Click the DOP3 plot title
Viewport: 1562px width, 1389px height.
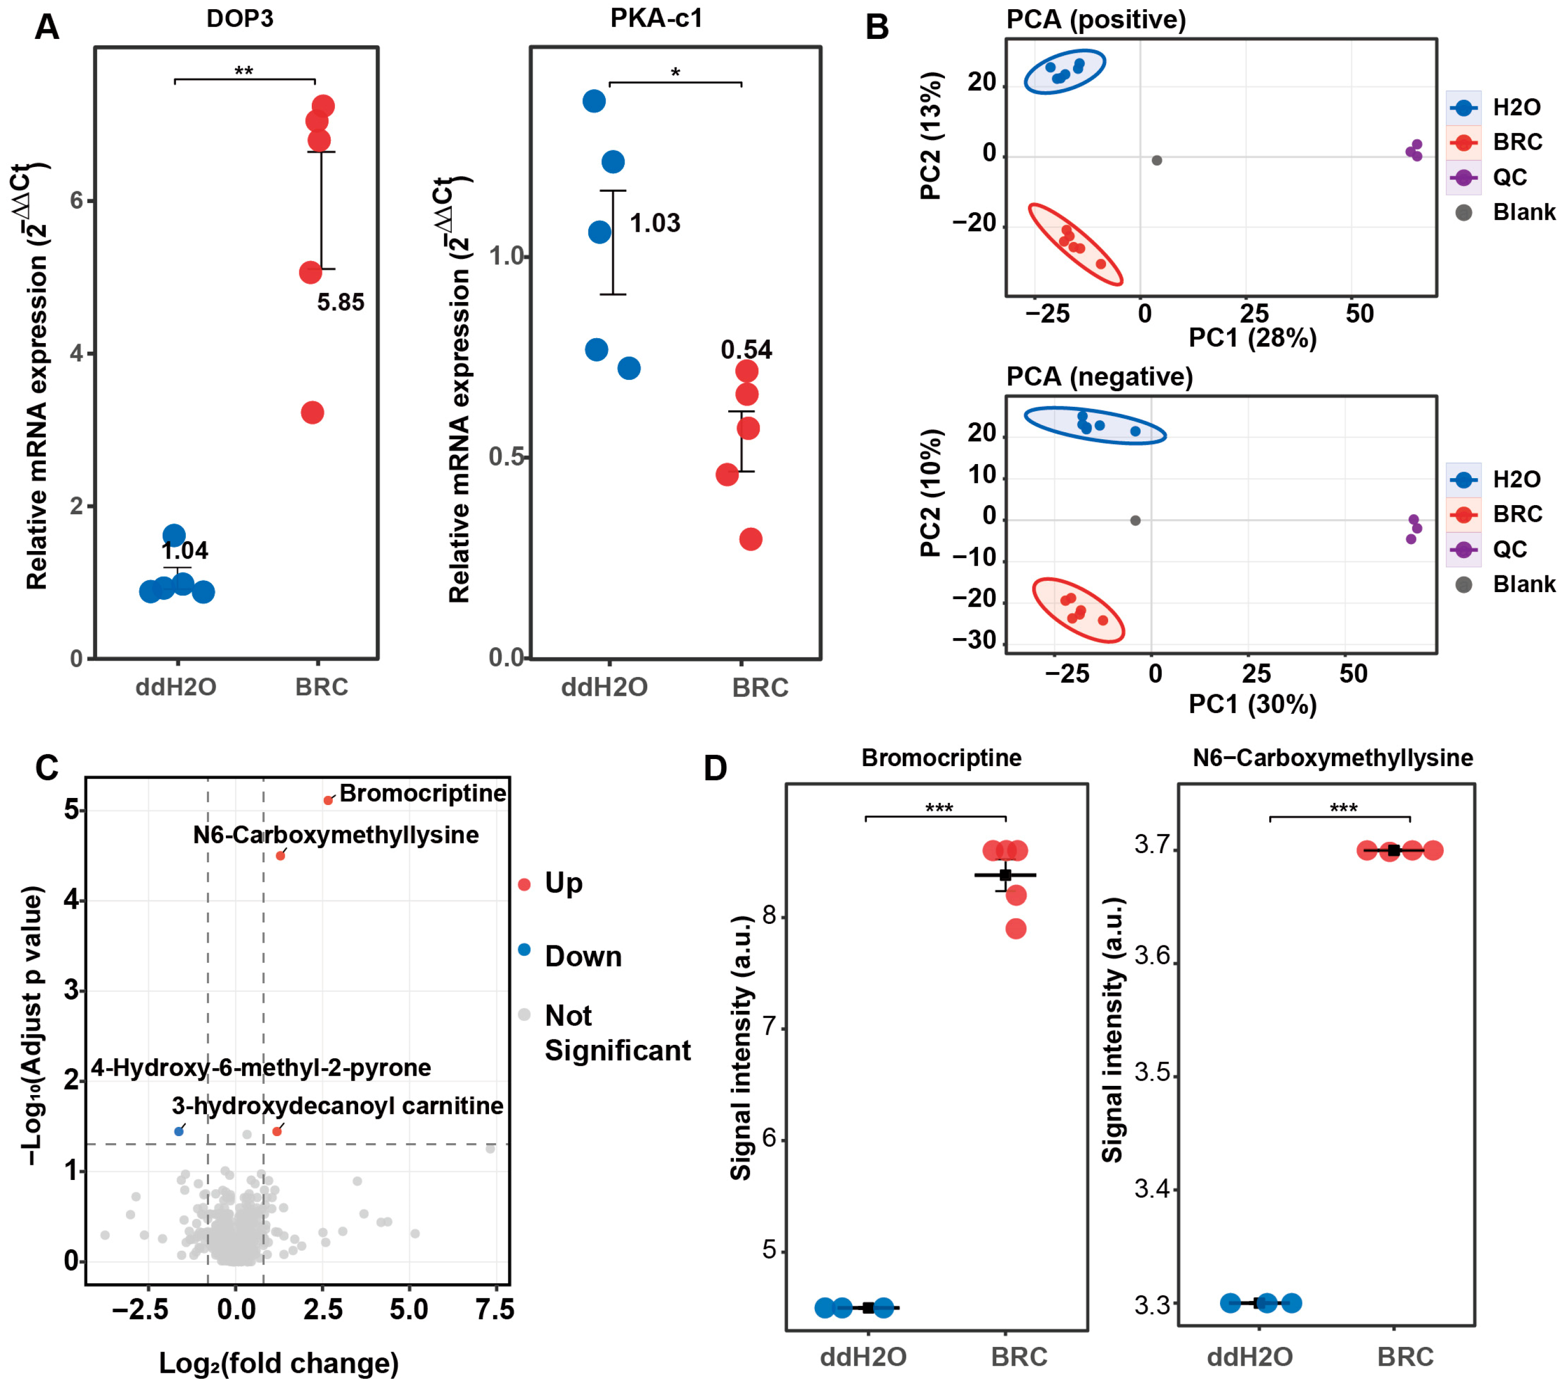[239, 19]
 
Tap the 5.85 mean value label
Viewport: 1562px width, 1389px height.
[341, 303]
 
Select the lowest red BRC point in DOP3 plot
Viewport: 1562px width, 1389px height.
[312, 413]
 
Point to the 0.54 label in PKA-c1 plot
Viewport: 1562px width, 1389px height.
[747, 350]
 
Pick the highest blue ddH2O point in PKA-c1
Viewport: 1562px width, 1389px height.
[594, 101]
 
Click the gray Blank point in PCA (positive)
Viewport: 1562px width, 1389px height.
[1157, 160]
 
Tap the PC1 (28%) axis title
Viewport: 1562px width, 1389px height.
[1252, 338]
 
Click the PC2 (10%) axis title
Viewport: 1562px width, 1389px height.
[931, 493]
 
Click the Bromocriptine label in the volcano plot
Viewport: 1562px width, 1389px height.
[423, 793]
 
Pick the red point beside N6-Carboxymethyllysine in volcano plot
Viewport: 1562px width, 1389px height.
[280, 856]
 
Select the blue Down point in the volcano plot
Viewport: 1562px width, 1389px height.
[179, 1131]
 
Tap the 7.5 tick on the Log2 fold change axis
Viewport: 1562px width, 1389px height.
[494, 1310]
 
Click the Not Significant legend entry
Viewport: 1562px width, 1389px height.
[616, 1033]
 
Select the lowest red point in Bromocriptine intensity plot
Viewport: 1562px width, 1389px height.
[1016, 929]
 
